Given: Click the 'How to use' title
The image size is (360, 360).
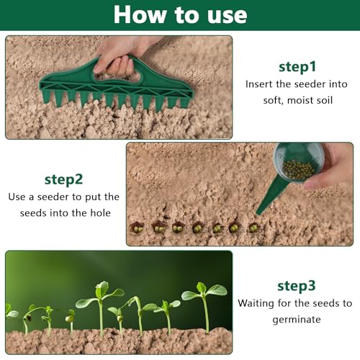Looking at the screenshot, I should (x=180, y=14).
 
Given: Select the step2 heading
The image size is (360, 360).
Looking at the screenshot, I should (x=63, y=179).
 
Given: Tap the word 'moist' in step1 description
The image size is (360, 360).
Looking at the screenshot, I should (x=297, y=99).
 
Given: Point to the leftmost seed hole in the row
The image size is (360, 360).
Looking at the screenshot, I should (x=137, y=228).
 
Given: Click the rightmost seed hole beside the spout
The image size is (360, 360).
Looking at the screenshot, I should (x=253, y=228).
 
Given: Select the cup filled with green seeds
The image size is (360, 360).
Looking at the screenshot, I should (x=298, y=163).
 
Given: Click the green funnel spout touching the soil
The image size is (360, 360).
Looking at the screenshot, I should (x=271, y=198).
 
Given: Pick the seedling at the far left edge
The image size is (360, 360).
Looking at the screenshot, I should (x=10, y=313).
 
